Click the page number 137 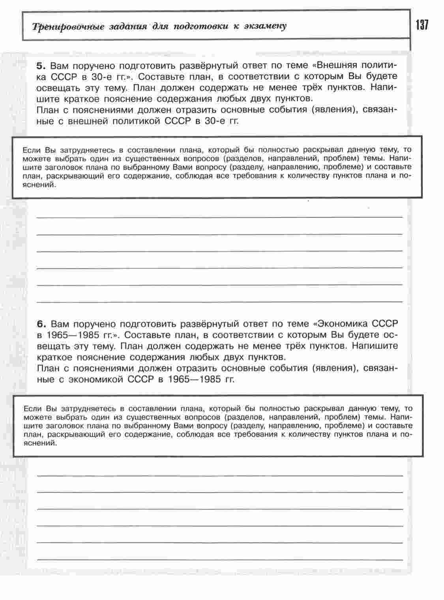pos(422,26)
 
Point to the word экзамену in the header pos(265,26)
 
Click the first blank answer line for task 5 pos(220,217)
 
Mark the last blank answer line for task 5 pos(220,302)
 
